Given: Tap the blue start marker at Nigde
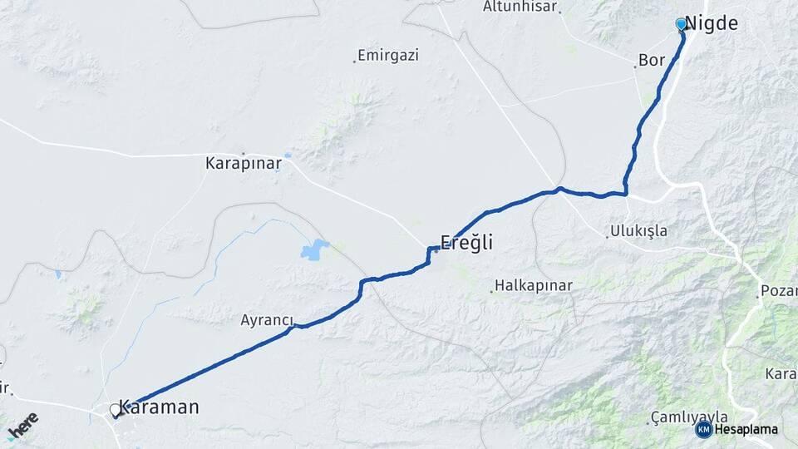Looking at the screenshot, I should point(682,24).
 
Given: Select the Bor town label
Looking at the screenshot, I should point(652,61).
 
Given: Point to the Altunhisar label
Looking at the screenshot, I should point(520,7).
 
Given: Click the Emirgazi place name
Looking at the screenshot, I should point(389,56).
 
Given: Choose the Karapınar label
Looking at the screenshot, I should point(243,164).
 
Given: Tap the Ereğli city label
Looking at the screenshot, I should point(466,244).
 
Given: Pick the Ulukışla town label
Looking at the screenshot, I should point(638,231).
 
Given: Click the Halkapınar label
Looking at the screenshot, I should point(534,286).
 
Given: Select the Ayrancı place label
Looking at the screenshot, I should point(268,320).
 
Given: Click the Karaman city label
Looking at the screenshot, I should point(159,407).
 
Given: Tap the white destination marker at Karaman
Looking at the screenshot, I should point(116,410).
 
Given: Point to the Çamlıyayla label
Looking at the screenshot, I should point(690,417).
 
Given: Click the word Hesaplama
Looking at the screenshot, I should point(746,430).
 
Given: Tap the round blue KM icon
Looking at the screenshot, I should point(704,430).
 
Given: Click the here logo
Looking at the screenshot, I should point(23,425).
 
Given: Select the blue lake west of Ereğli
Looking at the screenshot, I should point(315,249).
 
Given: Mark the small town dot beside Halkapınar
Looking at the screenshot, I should point(491,291).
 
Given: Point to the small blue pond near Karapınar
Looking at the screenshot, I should point(287,155).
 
